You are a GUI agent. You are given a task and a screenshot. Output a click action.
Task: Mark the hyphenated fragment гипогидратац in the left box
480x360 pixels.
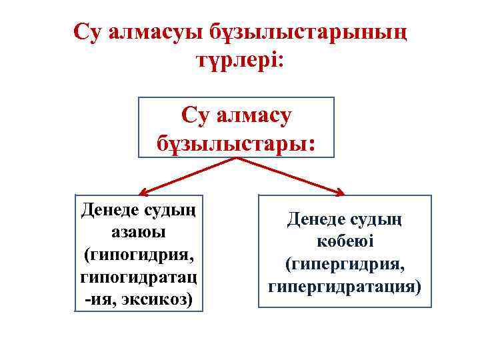139,277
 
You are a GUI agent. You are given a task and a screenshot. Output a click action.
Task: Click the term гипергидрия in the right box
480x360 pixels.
345,265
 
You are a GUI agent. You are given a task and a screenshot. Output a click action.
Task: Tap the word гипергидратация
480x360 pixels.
345,287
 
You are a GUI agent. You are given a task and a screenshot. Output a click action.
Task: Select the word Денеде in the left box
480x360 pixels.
109,210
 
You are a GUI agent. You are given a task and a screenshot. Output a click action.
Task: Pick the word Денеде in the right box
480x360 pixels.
317,219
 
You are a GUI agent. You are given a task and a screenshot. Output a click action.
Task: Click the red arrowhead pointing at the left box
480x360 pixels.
140,191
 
